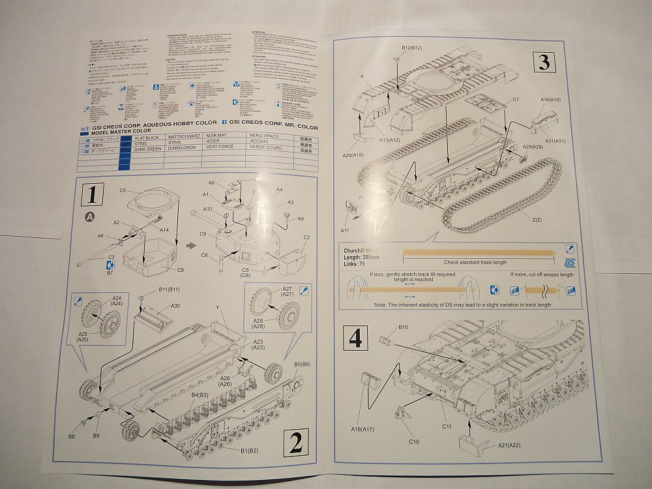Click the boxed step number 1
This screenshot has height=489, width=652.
pyautogui.click(x=93, y=194)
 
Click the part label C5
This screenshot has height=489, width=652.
pyautogui.click(x=123, y=190)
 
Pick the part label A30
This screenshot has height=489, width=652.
pyautogui.click(x=175, y=305)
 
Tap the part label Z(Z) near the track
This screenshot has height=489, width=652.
pyautogui.click(x=536, y=220)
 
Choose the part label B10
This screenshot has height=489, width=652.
pyautogui.click(x=403, y=327)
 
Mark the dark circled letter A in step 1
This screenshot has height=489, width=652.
pyautogui.click(x=89, y=216)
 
